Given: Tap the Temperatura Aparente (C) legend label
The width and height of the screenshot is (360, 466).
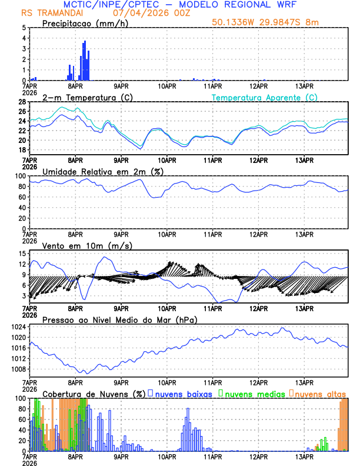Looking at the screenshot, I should pos(265,97).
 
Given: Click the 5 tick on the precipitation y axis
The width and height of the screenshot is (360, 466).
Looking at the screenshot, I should pos(24,28).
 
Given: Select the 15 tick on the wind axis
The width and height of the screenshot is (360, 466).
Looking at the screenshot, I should pos(22,253).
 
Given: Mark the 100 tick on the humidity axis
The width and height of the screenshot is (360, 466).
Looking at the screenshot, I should pos(20,176).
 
